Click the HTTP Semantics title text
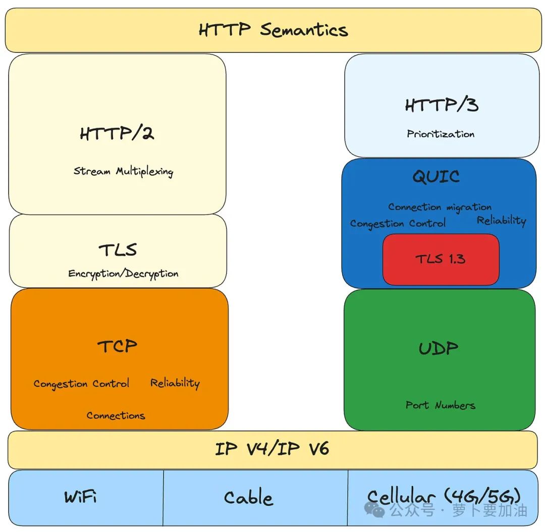(273, 30)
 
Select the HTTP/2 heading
(117, 134)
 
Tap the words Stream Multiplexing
(124, 171)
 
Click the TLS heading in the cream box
(118, 250)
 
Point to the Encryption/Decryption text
(124, 274)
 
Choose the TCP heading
(117, 346)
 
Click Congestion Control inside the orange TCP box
(81, 384)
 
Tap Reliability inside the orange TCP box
(175, 383)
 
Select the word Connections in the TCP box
(116, 416)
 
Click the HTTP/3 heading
(441, 105)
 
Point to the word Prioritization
(441, 134)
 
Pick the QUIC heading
(436, 177)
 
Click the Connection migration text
(440, 207)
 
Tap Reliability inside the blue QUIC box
(501, 221)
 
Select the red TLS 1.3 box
(441, 259)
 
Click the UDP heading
(438, 348)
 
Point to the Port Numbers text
(441, 405)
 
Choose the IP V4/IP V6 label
(272, 449)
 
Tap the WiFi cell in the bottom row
(81, 497)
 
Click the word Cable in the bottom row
(248, 498)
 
